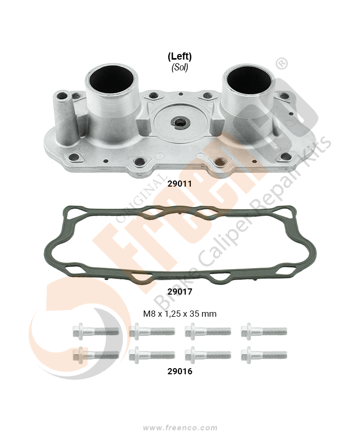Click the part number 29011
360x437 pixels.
coord(179,184)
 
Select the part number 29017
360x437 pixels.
coord(179,292)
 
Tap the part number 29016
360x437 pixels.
coord(179,371)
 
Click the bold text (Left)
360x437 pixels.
coord(179,57)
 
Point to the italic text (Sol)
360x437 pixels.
coord(179,67)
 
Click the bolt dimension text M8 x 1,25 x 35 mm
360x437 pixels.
coord(179,314)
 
